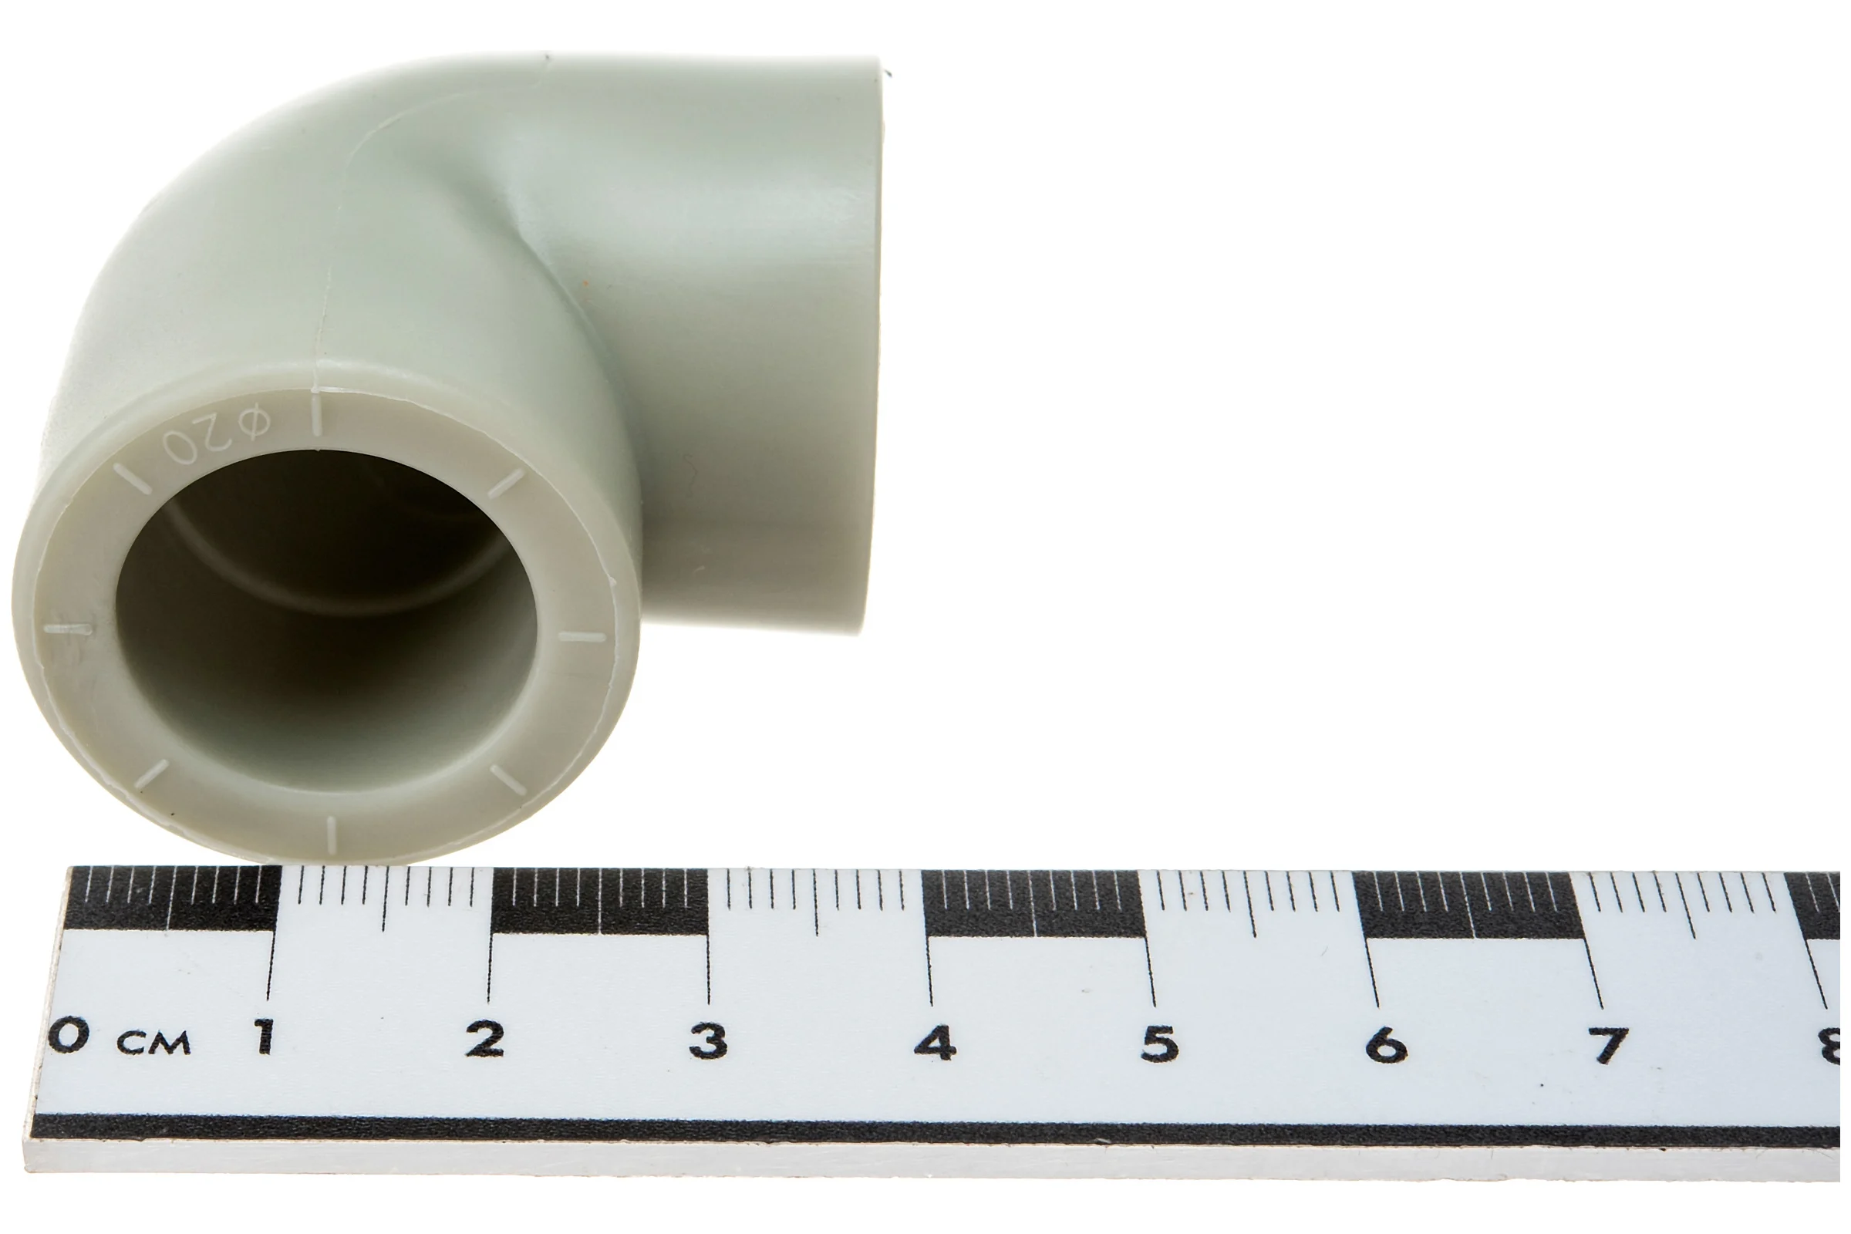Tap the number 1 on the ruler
[x=265, y=1037]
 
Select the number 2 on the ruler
[x=484, y=1039]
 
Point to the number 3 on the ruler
[x=707, y=1040]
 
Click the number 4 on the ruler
[x=935, y=1042]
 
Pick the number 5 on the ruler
[x=1160, y=1044]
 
